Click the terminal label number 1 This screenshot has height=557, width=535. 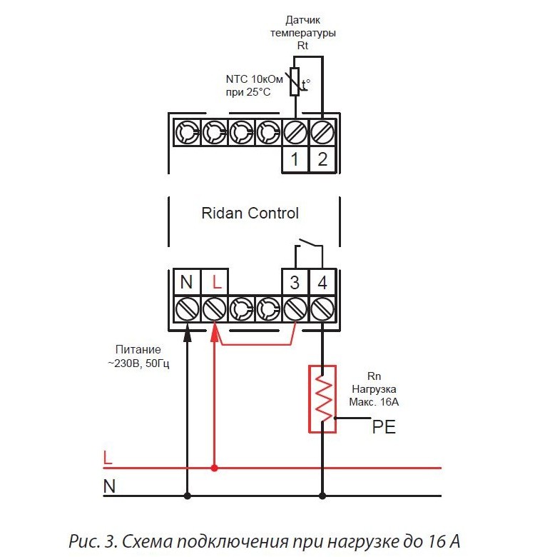[x=295, y=159]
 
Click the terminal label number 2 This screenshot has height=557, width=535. [x=322, y=159]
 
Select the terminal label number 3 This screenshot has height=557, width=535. [x=295, y=282]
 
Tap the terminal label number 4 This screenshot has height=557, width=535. [x=322, y=282]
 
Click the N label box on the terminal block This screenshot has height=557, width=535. [x=187, y=281]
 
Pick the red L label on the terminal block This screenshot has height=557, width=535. [x=217, y=282]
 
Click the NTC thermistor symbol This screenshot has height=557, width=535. [x=295, y=81]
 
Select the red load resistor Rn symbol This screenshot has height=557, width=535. [x=322, y=399]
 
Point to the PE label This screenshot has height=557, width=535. [x=384, y=426]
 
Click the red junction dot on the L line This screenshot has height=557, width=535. [x=214, y=468]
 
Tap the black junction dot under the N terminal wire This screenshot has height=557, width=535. [x=188, y=496]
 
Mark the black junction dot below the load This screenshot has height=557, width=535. [x=322, y=496]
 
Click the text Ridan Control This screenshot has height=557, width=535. [x=250, y=213]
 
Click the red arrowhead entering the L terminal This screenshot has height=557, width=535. [x=214, y=333]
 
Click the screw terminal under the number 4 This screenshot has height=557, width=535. [x=322, y=309]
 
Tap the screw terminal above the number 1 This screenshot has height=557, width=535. [x=295, y=133]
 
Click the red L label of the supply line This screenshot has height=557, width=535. [x=108, y=458]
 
